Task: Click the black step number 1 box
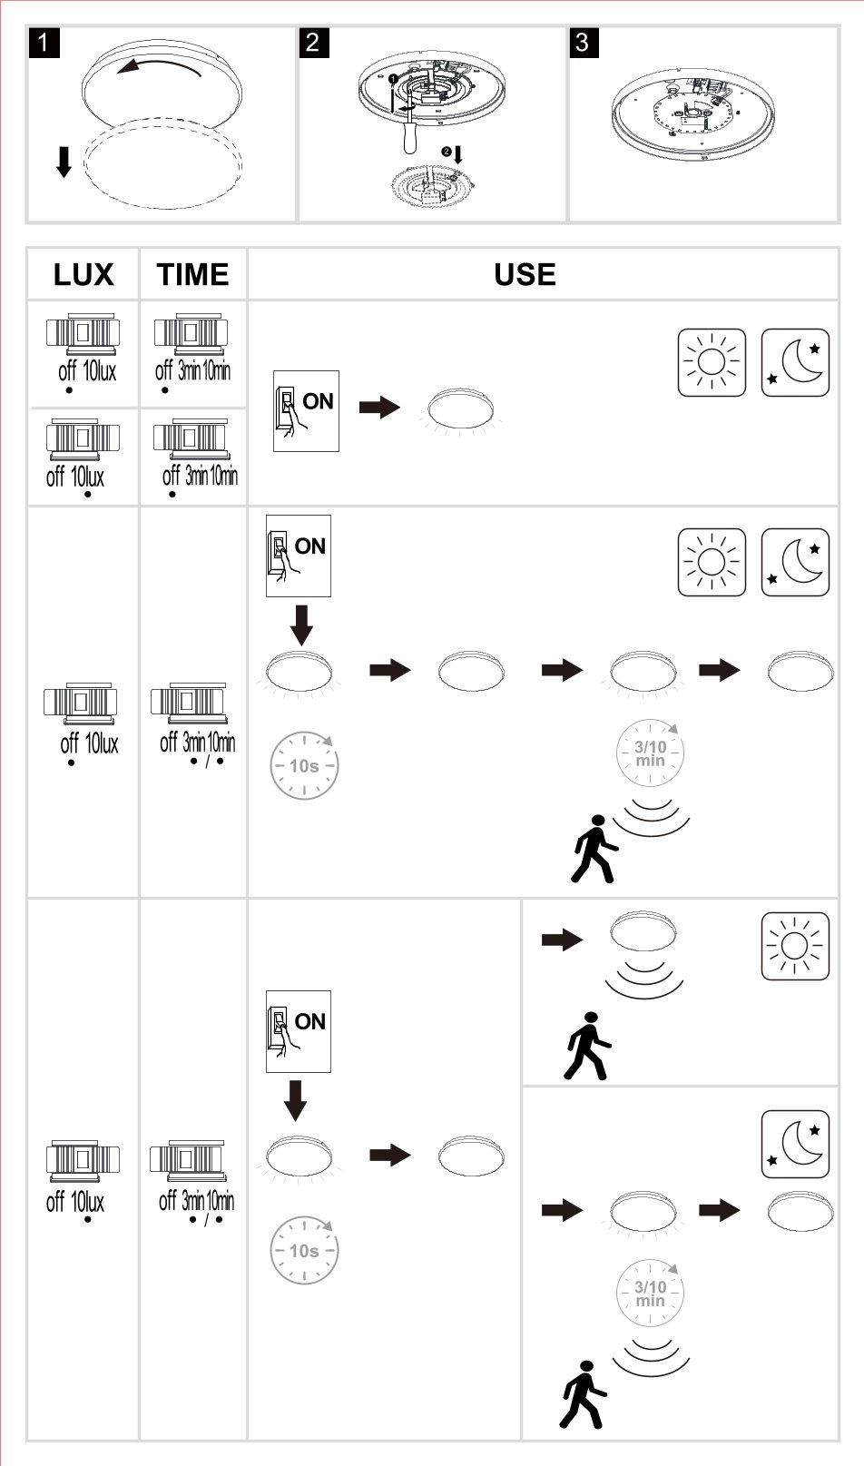pos(44,43)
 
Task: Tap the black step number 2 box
pos(313,43)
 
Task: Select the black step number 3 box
pos(583,43)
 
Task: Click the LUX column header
pos(83,274)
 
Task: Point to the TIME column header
pos(192,274)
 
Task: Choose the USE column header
pos(525,274)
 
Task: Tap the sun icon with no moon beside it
pos(795,946)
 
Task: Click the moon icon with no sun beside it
pos(795,1144)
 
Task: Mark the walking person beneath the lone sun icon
pos(587,1046)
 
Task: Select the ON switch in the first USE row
pos(306,411)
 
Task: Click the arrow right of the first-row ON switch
pos(379,408)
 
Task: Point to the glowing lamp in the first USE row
pos(461,410)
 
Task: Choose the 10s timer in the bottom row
pos(304,1250)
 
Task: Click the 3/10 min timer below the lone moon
pos(650,1293)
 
